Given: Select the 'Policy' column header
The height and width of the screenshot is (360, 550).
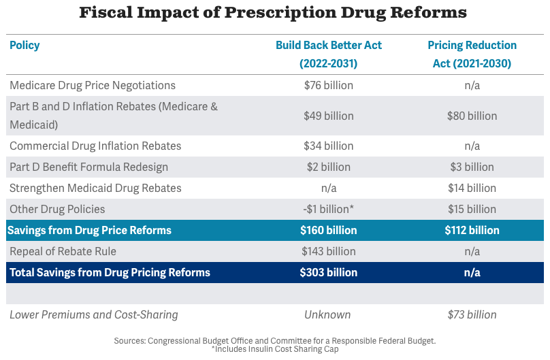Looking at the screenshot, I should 25,46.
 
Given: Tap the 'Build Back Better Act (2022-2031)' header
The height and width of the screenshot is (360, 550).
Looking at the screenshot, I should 329,54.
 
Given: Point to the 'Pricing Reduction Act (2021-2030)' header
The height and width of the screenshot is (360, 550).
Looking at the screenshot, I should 472,54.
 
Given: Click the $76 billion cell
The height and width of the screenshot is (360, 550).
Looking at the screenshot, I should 329,86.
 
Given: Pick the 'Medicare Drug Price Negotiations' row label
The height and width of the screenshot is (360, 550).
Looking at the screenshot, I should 93,86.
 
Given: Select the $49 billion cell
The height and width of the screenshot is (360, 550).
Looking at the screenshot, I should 329,116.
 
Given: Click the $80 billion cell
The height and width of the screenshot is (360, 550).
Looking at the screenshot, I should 472,116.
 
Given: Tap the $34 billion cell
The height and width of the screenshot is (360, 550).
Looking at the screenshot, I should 329,146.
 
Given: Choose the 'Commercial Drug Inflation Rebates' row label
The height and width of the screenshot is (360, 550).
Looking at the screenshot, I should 95,146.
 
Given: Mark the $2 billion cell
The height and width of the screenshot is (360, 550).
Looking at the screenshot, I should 329,167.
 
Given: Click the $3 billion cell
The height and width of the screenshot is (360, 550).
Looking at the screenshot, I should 472,167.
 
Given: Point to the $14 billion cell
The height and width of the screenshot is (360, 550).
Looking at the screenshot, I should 472,189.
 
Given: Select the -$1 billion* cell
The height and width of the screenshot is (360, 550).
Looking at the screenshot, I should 329,210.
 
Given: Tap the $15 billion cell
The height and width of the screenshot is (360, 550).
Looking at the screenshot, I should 472,210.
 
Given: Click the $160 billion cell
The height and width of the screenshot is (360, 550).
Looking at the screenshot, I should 329,231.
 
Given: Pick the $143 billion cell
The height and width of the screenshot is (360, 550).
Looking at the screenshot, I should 329,252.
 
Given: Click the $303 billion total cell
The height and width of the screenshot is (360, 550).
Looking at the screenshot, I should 329,273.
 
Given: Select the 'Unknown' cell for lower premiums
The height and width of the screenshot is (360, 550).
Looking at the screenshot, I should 328,315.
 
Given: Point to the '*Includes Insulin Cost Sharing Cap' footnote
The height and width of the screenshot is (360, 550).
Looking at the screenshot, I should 274,349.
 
